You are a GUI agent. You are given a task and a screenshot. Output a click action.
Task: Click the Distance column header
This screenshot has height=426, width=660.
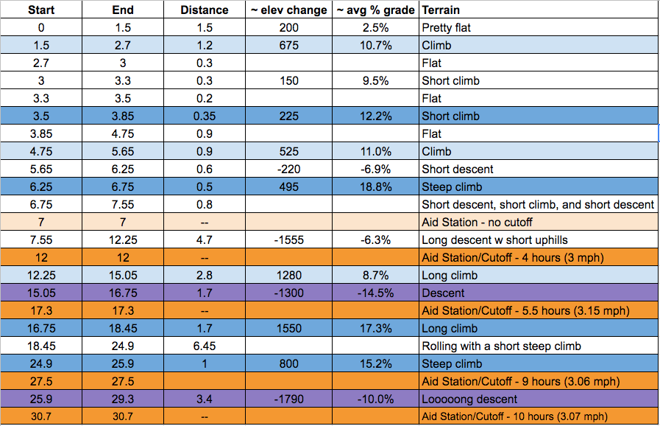pyautogui.click(x=205, y=10)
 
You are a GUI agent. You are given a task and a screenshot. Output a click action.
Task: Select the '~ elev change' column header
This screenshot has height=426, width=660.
pyautogui.click(x=290, y=10)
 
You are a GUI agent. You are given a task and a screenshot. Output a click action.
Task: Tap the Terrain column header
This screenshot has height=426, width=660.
pyautogui.click(x=440, y=10)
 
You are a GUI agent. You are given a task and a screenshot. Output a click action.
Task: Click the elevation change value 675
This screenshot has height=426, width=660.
pyautogui.click(x=289, y=46)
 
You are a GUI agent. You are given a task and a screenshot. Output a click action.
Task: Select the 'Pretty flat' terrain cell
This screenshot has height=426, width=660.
pyautogui.click(x=446, y=28)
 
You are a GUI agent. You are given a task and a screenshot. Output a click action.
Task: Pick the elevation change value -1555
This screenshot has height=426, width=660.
pyautogui.click(x=289, y=240)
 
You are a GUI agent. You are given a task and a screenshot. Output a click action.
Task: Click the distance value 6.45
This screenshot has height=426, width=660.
pyautogui.click(x=205, y=346)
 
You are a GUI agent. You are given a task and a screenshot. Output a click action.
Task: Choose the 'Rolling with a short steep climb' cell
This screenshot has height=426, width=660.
pyautogui.click(x=502, y=346)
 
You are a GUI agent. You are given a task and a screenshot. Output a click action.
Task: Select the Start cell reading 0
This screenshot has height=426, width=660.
pyautogui.click(x=41, y=28)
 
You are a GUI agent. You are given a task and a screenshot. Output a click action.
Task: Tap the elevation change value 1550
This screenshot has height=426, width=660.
pyautogui.click(x=289, y=329)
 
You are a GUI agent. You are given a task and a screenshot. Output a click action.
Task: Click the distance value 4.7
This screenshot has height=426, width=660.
pyautogui.click(x=205, y=240)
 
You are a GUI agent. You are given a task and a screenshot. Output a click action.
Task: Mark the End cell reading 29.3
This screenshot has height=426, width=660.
pyautogui.click(x=123, y=399)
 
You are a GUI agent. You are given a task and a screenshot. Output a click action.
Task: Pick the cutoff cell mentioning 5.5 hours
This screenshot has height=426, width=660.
pyautogui.click(x=525, y=311)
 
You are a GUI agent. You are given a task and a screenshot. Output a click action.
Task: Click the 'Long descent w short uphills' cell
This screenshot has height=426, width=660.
pyautogui.click(x=494, y=240)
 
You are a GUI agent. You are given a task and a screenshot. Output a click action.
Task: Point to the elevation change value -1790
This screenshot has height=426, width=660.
pyautogui.click(x=289, y=399)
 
